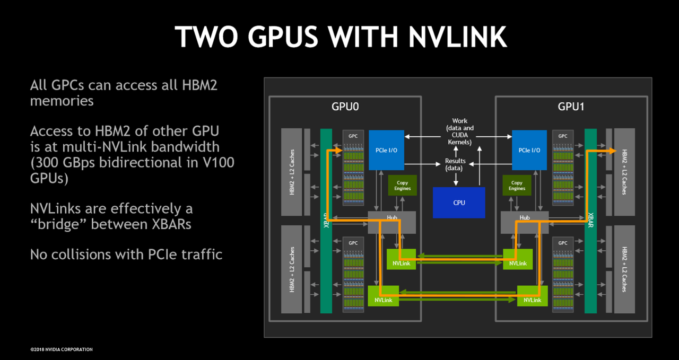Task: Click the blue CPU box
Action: coord(459,203)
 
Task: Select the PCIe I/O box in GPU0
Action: coord(386,150)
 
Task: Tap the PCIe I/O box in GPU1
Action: coord(529,150)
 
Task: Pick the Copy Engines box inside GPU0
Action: coord(402,185)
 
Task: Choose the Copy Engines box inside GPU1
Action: coord(517,185)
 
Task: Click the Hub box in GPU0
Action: coord(391,223)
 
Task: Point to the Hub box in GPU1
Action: coord(525,223)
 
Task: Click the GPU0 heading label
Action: coord(345,107)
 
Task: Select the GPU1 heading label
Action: coord(571,107)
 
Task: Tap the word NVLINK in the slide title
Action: coord(457,37)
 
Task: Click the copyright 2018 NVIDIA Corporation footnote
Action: coord(62,349)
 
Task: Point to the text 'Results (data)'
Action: coord(455,164)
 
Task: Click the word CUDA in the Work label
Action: coord(459,135)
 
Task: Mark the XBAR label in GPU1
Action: coord(590,220)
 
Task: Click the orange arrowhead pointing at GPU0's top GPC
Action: coord(339,150)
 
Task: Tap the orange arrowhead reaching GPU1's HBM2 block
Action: coord(613,151)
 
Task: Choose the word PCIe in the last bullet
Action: coord(162,254)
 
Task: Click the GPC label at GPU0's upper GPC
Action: coord(353,136)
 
